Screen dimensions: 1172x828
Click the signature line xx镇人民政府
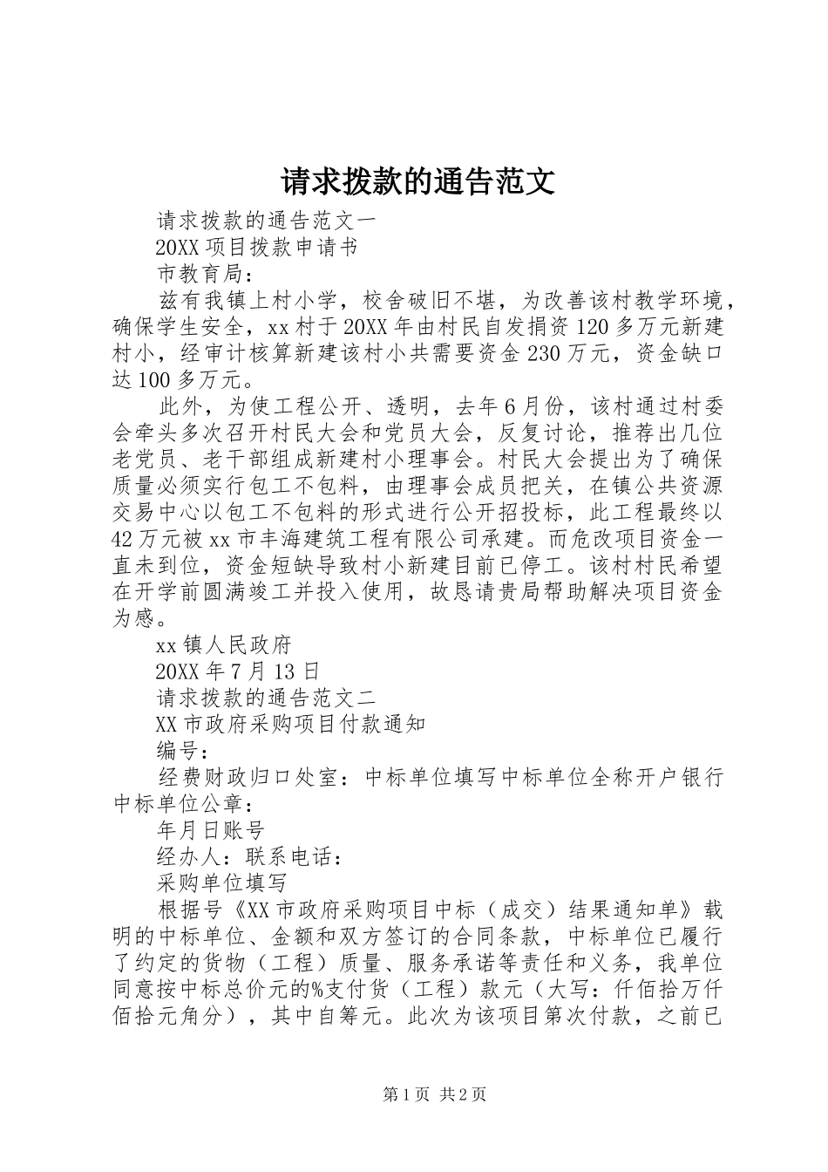pos(223,644)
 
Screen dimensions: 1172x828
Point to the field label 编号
pos(182,751)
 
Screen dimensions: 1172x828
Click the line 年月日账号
pos(210,830)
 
